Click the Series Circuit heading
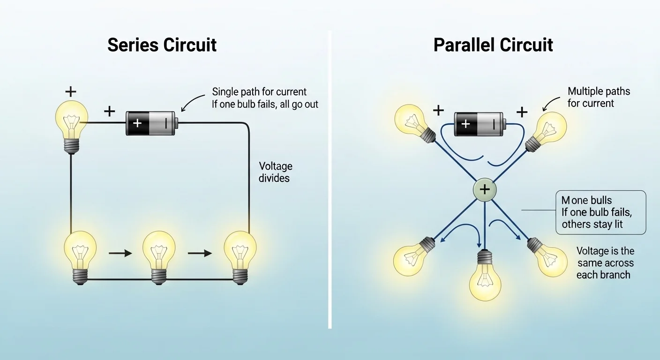[x=162, y=45]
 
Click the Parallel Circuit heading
[x=493, y=45]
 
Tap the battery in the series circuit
[x=151, y=123]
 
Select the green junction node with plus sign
[x=485, y=189]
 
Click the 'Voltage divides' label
[x=275, y=172]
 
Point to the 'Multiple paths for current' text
[x=599, y=97]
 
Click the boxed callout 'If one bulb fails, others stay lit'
[x=600, y=212]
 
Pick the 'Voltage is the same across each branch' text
[x=605, y=262]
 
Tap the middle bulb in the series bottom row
[x=159, y=253]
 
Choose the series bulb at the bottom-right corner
[x=240, y=253]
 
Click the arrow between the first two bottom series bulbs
[x=120, y=254]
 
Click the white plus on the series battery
[x=137, y=123]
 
